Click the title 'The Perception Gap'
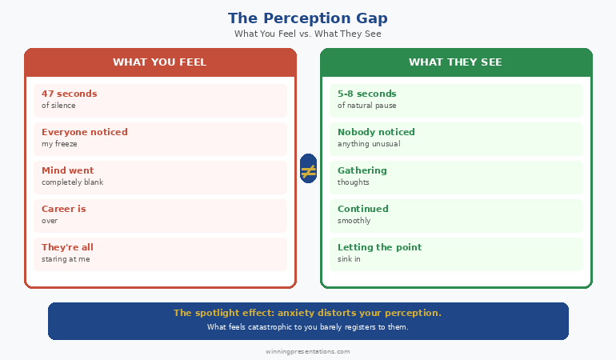point(307,18)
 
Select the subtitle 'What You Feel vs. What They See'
point(307,34)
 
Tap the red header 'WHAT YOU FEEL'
point(160,62)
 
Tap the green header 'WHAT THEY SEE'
point(456,62)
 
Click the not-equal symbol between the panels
point(308,170)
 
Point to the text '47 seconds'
point(70,94)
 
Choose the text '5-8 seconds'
point(366,94)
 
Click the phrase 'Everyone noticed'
point(85,132)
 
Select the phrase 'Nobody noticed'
point(376,132)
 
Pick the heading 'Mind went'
point(68,170)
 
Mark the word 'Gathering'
point(362,170)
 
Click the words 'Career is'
point(64,209)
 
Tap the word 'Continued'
point(363,209)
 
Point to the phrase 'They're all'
point(68,247)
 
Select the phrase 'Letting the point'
point(379,247)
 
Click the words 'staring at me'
point(66,259)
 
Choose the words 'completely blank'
point(73,182)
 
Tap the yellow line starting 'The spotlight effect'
point(307,313)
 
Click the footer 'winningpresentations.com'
point(308,351)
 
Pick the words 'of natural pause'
point(366,106)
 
